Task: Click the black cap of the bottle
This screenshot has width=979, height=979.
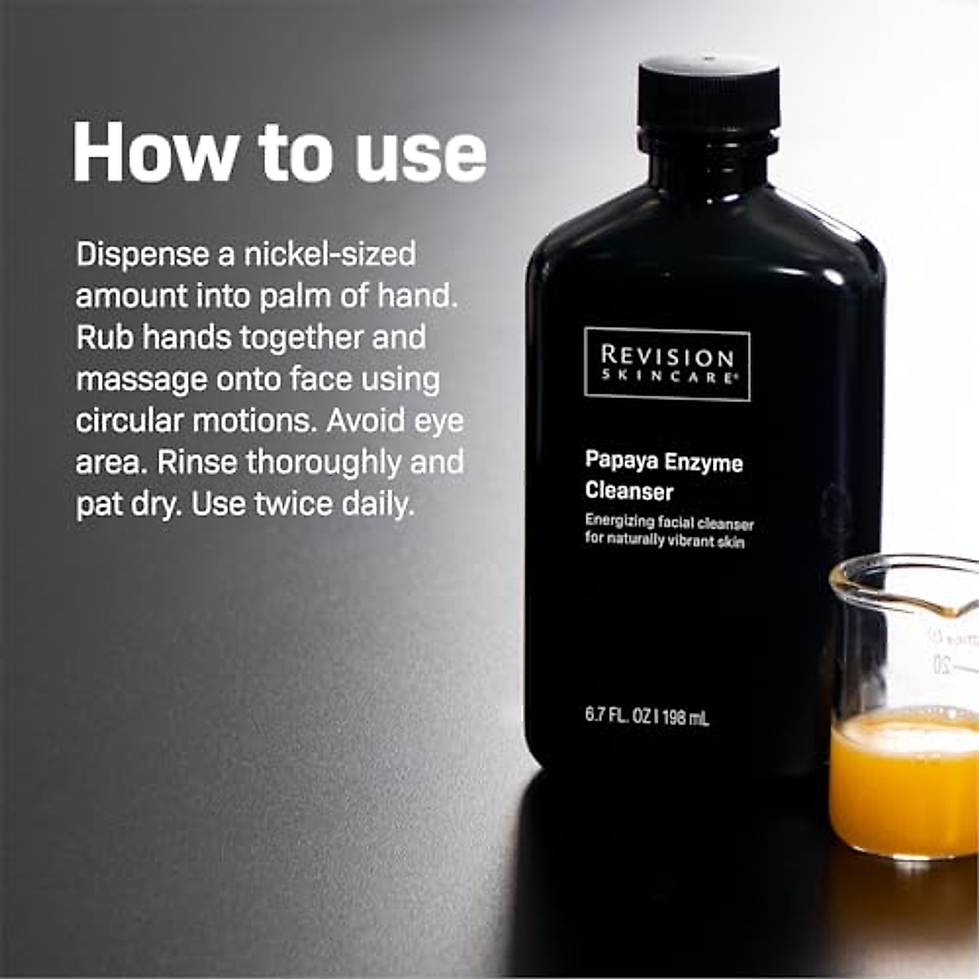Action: pos(708,94)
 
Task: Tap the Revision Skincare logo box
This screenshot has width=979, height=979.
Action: pos(667,364)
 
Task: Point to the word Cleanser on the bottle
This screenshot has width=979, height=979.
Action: pos(629,491)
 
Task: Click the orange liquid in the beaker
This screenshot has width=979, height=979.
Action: pos(906,783)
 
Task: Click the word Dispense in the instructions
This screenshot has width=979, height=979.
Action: pos(143,255)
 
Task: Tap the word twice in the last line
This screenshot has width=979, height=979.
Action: pos(295,504)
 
